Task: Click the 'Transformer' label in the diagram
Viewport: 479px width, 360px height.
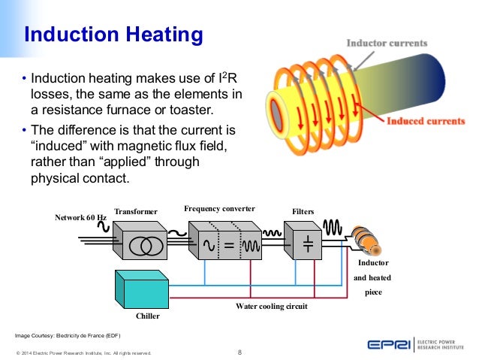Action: (137, 212)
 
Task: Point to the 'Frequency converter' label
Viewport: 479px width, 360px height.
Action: (219, 207)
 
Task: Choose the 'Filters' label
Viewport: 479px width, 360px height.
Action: (303, 212)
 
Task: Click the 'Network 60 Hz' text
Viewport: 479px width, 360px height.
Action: (81, 217)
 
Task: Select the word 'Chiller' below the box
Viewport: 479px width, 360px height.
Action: (147, 316)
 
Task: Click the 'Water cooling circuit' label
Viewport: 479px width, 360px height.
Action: (271, 306)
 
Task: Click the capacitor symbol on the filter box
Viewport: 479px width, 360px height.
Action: (307, 244)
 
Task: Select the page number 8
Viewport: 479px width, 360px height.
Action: (239, 352)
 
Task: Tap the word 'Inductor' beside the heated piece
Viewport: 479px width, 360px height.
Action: (373, 263)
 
